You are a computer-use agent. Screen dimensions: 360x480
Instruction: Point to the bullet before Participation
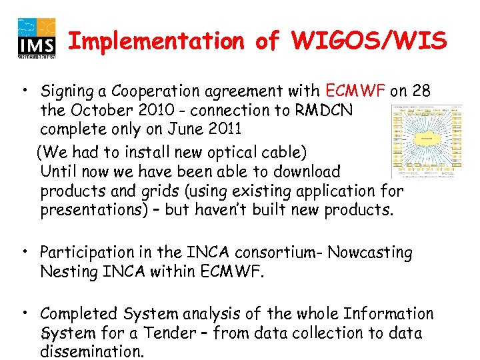click(23, 252)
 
